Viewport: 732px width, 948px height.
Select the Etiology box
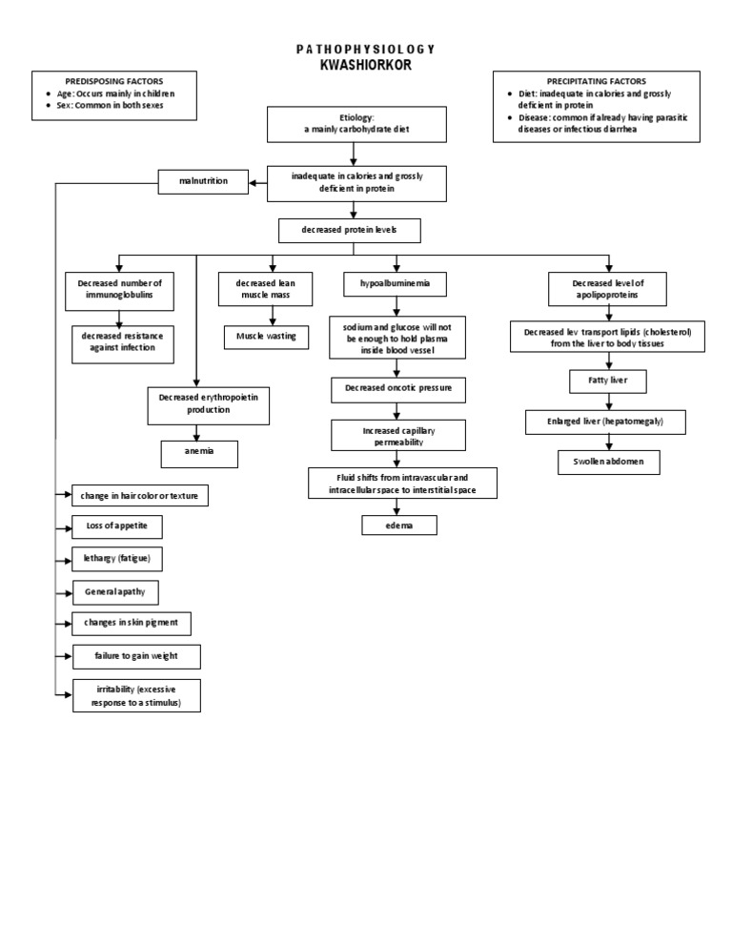354,122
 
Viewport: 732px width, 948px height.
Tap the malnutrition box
203,180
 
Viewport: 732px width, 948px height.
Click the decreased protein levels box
349,231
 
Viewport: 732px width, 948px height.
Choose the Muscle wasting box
266,336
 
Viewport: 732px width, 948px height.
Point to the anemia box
198,454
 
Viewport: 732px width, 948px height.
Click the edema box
399,526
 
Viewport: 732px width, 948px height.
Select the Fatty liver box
608,381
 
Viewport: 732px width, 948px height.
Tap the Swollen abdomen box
609,462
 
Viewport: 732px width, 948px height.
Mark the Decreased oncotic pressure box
398,389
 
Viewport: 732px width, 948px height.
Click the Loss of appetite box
116,526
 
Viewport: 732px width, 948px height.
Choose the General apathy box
115,591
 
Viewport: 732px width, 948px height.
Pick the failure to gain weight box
136,656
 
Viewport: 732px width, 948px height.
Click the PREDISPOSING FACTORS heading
113,82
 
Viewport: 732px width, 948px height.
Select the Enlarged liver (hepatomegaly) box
605,421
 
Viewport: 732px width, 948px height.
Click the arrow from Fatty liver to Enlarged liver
608,402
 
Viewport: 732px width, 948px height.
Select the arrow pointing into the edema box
399,506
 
